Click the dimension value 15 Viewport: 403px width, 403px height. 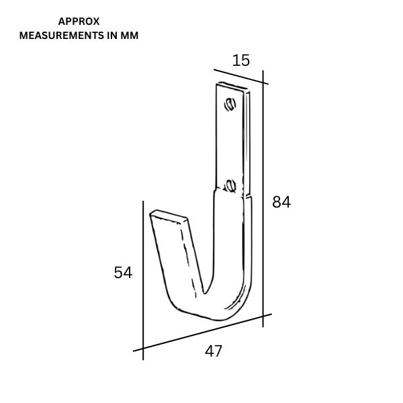point(240,60)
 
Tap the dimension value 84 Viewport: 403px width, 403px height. point(281,201)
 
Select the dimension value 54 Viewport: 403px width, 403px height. point(123,272)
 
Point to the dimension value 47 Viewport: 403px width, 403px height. point(214,351)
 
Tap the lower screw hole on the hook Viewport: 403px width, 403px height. point(230,185)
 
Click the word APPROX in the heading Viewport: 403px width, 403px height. point(79,21)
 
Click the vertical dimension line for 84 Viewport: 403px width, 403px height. point(263,201)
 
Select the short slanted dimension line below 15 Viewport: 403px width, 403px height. point(240,76)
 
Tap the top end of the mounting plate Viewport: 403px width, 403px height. point(232,87)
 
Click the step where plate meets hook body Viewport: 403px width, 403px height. point(233,193)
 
